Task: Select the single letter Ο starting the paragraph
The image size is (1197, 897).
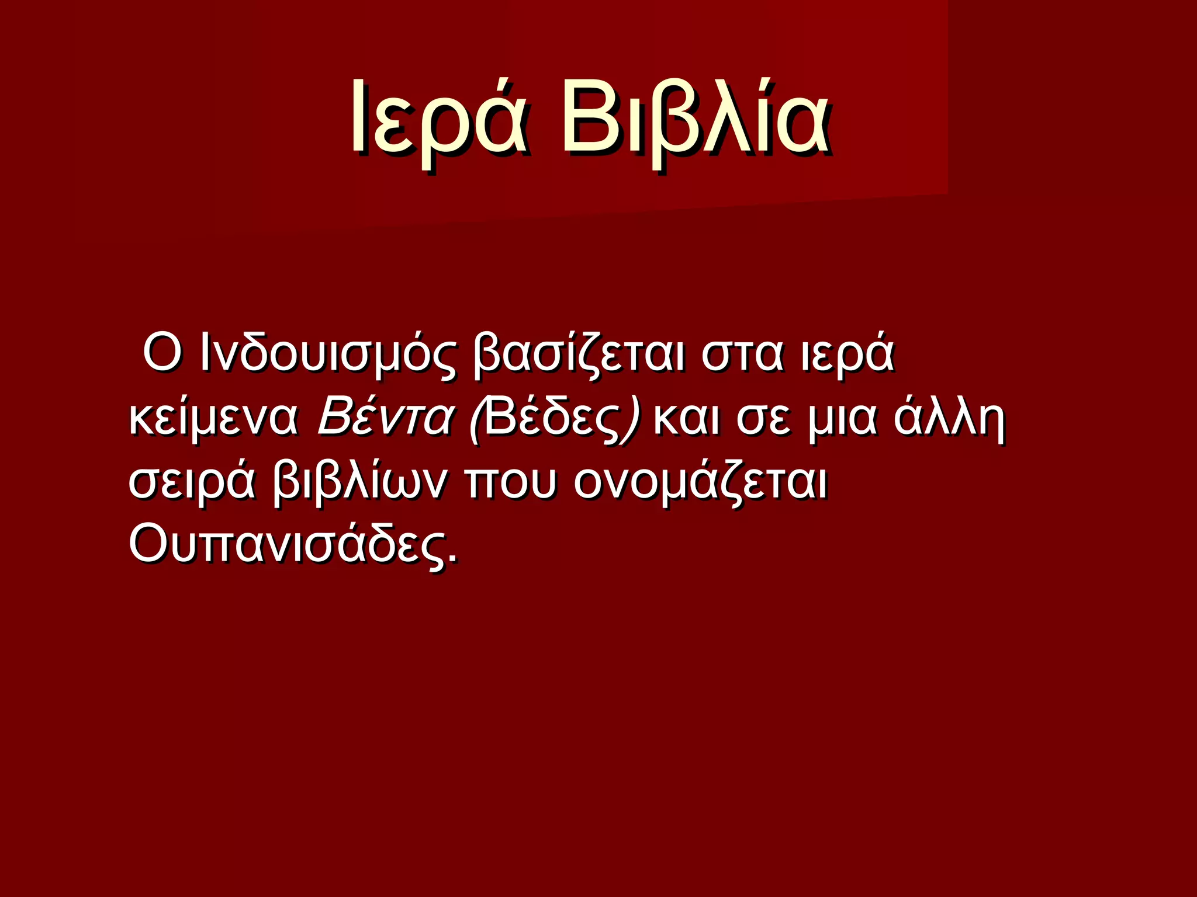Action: (161, 353)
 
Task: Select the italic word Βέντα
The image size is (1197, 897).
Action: (385, 418)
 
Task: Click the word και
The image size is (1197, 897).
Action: (686, 418)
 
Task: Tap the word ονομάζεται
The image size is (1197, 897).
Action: (700, 484)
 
